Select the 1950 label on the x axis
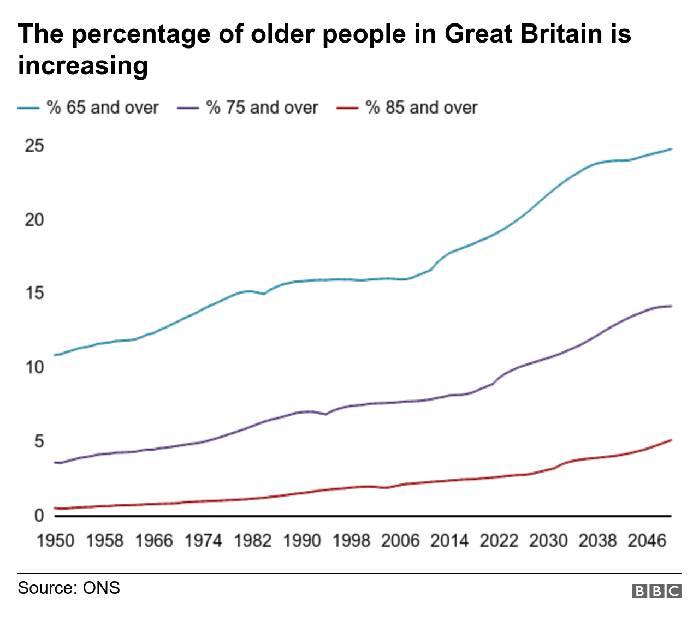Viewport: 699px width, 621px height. [x=55, y=541]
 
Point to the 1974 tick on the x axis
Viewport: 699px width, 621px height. [x=203, y=541]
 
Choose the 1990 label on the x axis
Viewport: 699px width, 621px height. [x=301, y=541]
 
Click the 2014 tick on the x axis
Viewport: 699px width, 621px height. [x=449, y=541]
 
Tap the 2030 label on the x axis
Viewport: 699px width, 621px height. [x=548, y=541]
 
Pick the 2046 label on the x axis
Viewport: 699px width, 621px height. [x=647, y=541]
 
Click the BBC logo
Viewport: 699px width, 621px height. [x=657, y=591]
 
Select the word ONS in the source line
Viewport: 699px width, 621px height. [x=101, y=588]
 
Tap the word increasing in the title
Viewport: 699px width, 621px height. [x=83, y=65]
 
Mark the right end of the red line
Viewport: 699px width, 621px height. [x=671, y=440]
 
